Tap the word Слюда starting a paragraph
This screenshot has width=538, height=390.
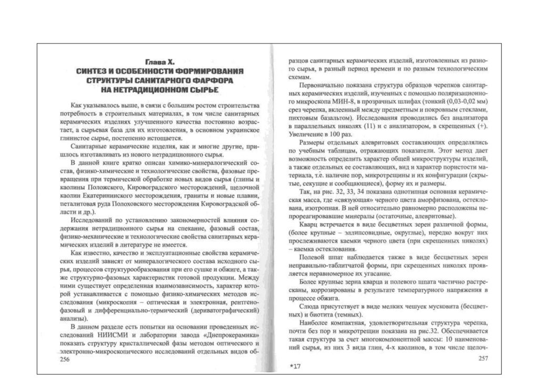pos(310,305)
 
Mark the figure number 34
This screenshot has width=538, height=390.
pos(343,194)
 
